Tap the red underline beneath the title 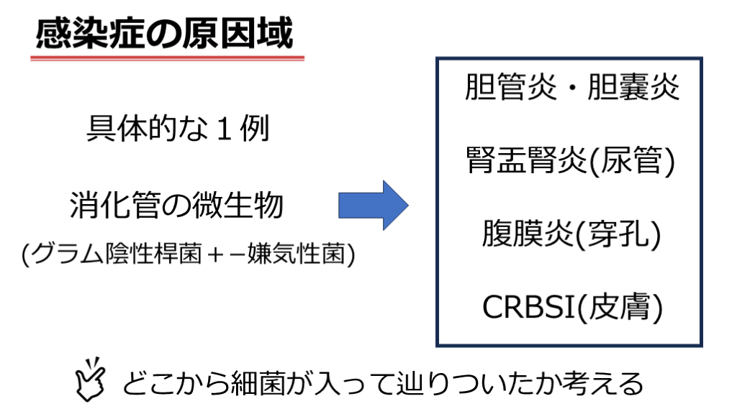[167, 58]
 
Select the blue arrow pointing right [374, 205]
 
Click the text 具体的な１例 [178, 128]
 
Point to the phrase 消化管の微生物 [176, 205]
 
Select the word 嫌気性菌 [296, 254]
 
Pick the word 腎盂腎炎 [526, 160]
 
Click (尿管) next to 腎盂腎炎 [632, 160]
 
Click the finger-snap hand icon [90, 379]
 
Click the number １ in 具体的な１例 [225, 129]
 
